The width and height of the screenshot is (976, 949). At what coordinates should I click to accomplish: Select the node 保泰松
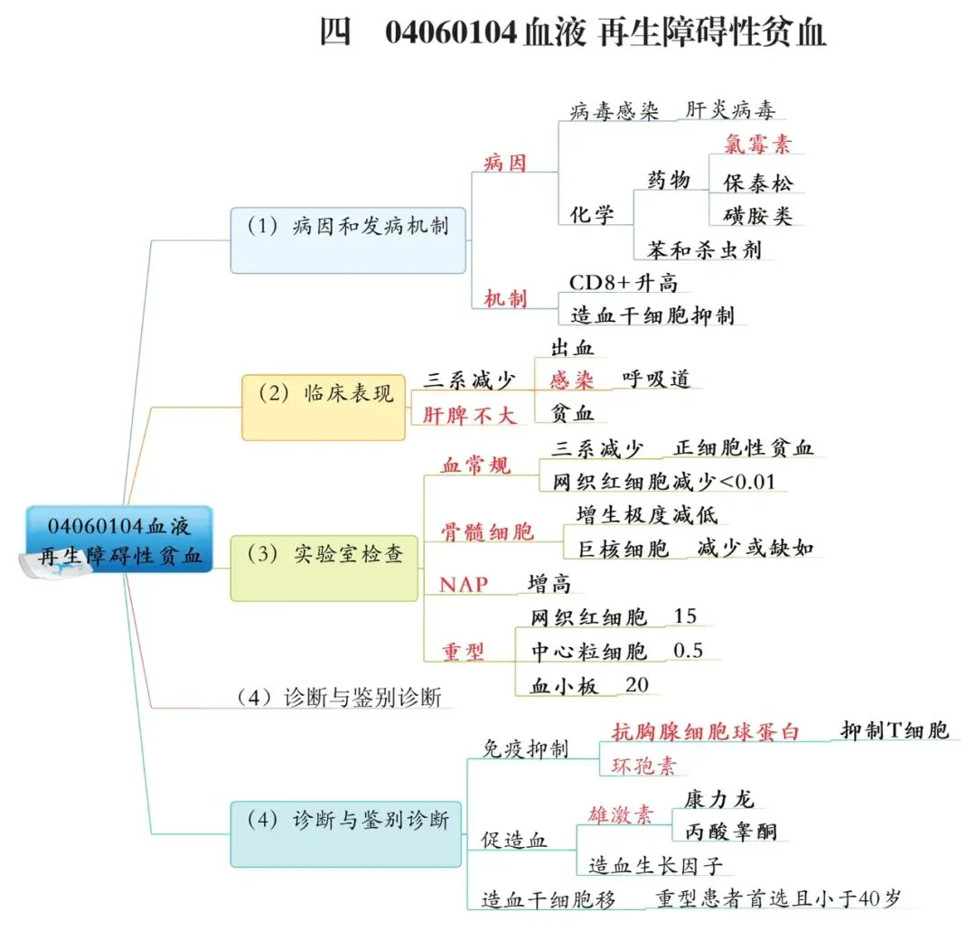click(757, 182)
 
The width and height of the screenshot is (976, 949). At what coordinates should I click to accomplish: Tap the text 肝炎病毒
click(729, 110)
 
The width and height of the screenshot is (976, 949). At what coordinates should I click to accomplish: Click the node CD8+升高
click(623, 283)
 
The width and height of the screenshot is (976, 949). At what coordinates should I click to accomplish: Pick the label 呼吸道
click(655, 380)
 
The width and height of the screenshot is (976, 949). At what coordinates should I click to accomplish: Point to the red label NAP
click(463, 585)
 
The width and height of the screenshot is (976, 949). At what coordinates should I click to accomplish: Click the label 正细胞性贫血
click(744, 448)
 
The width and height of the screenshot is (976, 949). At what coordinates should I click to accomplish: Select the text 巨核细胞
click(623, 549)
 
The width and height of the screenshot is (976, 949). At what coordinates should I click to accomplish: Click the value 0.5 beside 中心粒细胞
click(688, 651)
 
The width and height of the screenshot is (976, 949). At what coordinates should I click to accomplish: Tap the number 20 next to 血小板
click(637, 685)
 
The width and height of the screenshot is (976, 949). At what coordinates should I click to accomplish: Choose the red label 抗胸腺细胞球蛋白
click(706, 732)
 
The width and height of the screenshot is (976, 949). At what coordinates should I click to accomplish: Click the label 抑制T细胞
click(895, 730)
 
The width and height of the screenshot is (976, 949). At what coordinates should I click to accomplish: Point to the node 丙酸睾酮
click(730, 832)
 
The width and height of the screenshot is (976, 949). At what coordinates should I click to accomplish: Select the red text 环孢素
click(643, 766)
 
